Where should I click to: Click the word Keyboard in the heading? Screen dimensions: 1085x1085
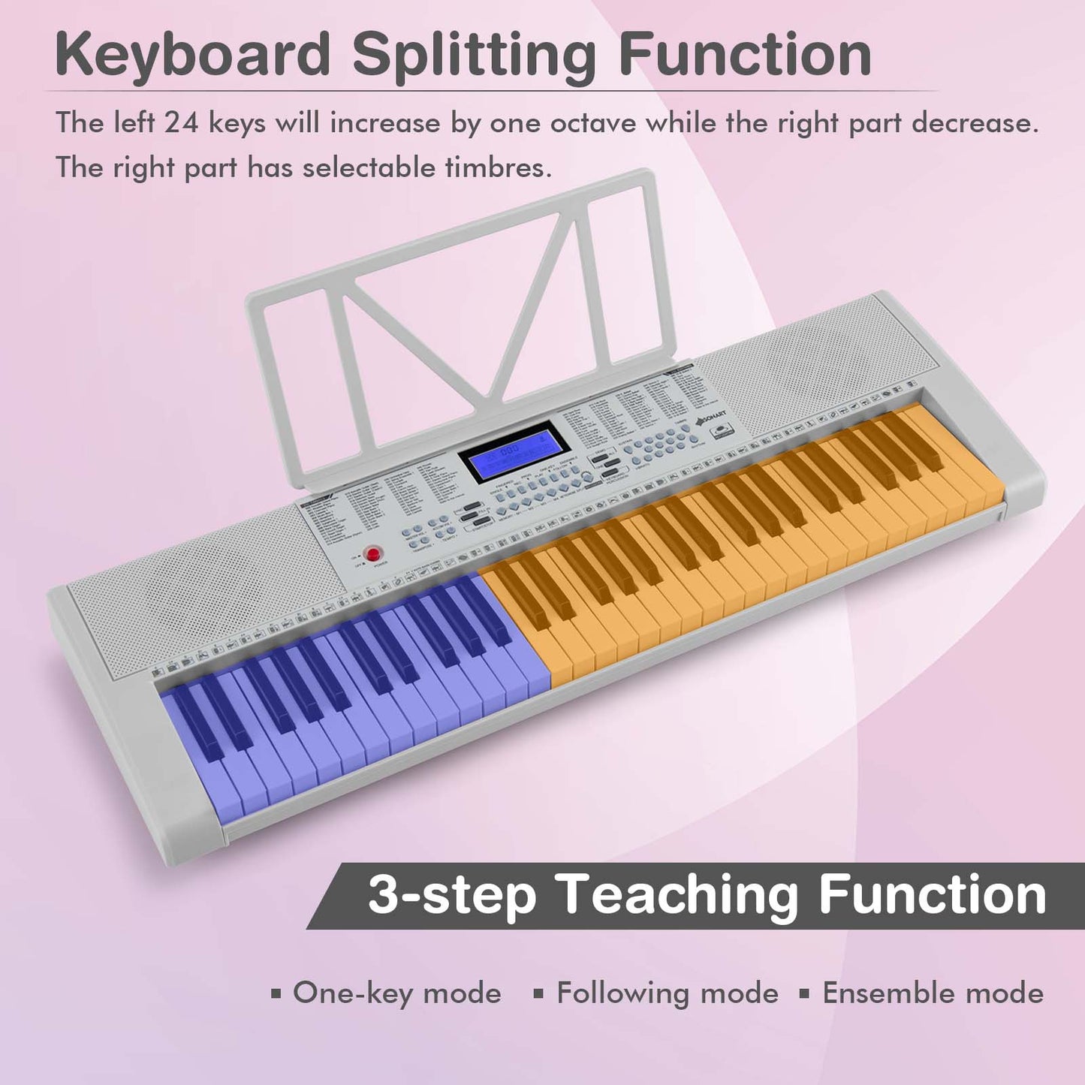(192, 54)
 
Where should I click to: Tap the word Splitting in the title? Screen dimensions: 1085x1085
(475, 54)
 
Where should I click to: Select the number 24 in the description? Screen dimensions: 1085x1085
(182, 122)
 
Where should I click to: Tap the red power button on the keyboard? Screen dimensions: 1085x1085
(372, 554)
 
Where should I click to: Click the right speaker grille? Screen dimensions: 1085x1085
(803, 368)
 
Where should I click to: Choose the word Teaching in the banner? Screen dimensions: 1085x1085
(677, 895)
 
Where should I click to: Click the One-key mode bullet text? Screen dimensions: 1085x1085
(396, 993)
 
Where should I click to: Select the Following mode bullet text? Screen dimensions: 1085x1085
(667, 993)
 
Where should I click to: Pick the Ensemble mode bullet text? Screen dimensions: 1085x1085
(933, 993)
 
